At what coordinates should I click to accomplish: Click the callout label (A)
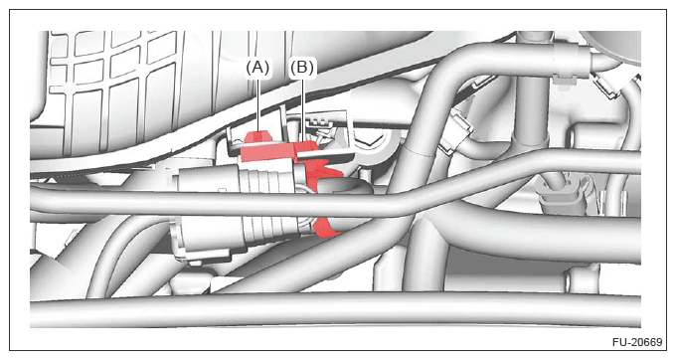coord(257,68)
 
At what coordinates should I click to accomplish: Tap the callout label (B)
coord(301,68)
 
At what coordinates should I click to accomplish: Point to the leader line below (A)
coord(258,104)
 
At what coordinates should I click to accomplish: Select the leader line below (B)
coord(303,109)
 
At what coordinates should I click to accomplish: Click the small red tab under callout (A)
coord(257,137)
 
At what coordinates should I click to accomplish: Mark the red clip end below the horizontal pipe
coord(326,229)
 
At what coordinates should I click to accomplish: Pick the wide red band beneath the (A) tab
coord(266,152)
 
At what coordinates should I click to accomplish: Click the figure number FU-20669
coord(637,342)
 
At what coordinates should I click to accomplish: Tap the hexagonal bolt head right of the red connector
coord(371,142)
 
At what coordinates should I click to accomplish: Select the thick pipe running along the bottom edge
coord(335,309)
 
